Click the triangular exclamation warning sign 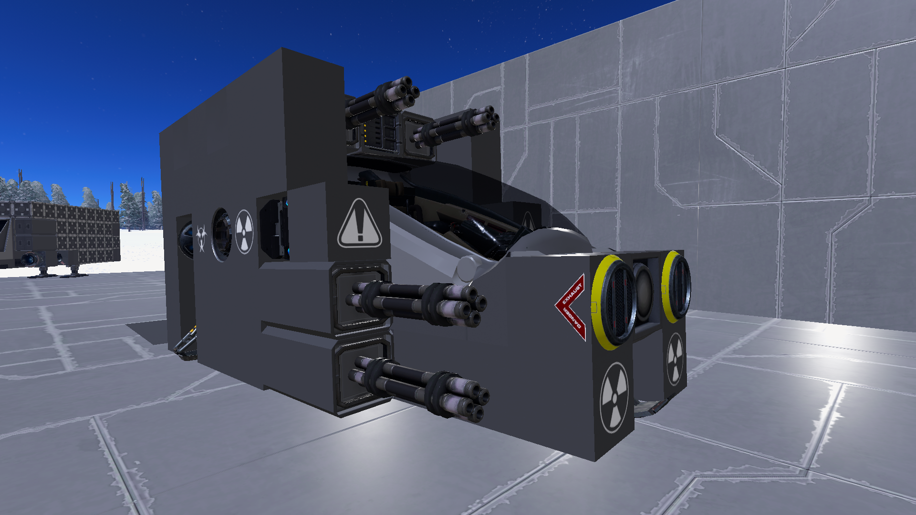click(x=359, y=224)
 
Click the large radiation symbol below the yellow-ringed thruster click(x=614, y=397)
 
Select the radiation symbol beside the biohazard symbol click(x=244, y=232)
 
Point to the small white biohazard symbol click(x=201, y=238)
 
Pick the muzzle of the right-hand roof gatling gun click(x=487, y=117)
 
